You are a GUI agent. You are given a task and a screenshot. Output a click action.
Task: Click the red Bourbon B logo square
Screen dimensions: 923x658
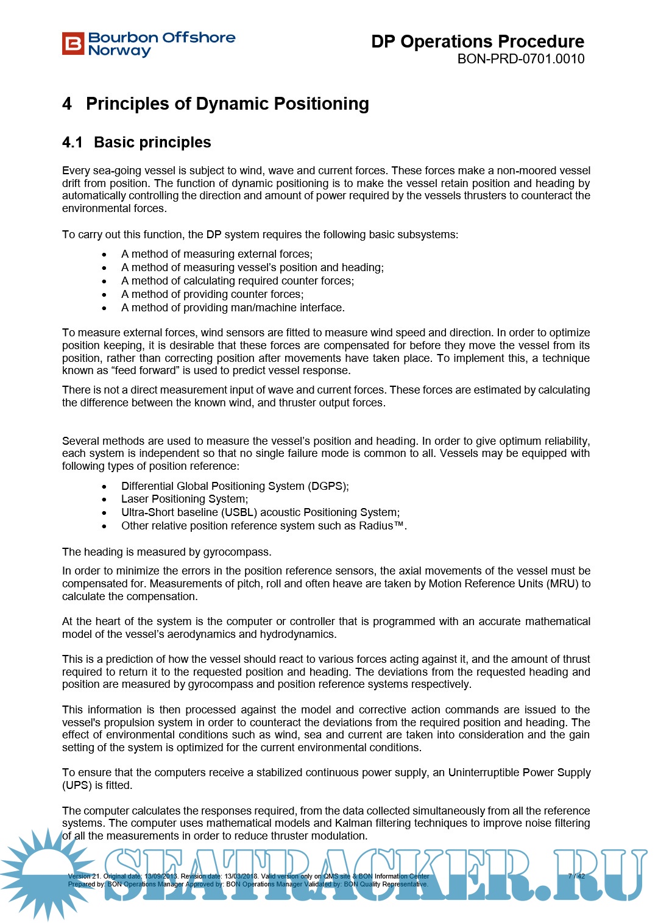[x=73, y=44]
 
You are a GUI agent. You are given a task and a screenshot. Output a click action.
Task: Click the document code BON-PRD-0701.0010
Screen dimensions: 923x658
[x=520, y=59]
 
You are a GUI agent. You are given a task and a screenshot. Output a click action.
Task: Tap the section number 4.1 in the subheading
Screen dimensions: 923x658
[x=72, y=143]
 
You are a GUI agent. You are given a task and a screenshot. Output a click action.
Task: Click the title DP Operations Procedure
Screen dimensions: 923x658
[x=477, y=41]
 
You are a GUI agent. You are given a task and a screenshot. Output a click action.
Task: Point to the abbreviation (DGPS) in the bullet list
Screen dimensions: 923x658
[x=328, y=486]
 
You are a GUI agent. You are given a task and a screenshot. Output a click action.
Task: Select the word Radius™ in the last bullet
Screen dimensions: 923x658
[x=381, y=526]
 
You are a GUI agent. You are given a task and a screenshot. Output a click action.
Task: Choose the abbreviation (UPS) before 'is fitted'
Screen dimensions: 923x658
[x=77, y=785]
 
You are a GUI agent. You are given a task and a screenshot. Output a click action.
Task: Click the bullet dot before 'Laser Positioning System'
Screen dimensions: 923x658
[x=104, y=500]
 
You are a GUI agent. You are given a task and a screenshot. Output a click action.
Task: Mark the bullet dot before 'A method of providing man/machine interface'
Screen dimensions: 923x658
[x=104, y=308]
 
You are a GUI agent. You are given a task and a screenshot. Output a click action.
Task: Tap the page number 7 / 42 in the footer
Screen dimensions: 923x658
[x=576, y=876]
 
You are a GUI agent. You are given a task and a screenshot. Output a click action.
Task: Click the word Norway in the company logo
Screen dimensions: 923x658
[x=119, y=51]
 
